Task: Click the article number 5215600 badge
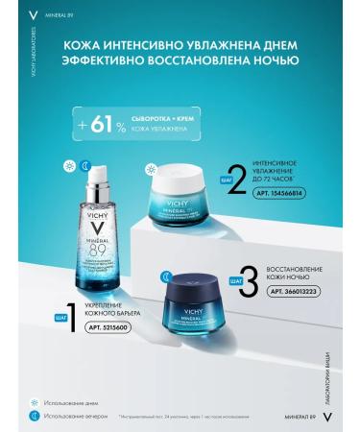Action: click(107, 327)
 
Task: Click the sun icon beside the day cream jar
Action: click(152, 169)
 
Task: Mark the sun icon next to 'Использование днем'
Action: click(35, 402)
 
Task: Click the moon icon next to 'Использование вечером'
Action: click(35, 416)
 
